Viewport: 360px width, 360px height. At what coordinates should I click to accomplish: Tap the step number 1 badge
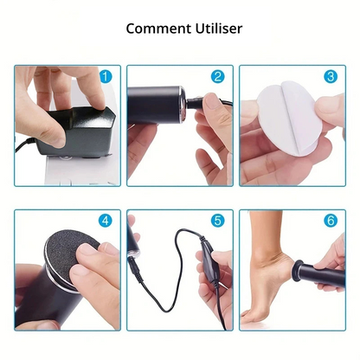click(x=106, y=76)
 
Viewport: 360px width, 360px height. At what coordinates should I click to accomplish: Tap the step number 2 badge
click(x=217, y=76)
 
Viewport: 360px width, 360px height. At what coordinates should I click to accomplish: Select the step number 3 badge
click(x=330, y=76)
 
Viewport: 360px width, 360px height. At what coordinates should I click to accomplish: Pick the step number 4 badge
click(x=106, y=221)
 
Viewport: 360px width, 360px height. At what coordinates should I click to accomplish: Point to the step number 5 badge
click(x=217, y=221)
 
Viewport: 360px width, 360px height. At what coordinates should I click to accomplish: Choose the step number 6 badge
click(x=330, y=221)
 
